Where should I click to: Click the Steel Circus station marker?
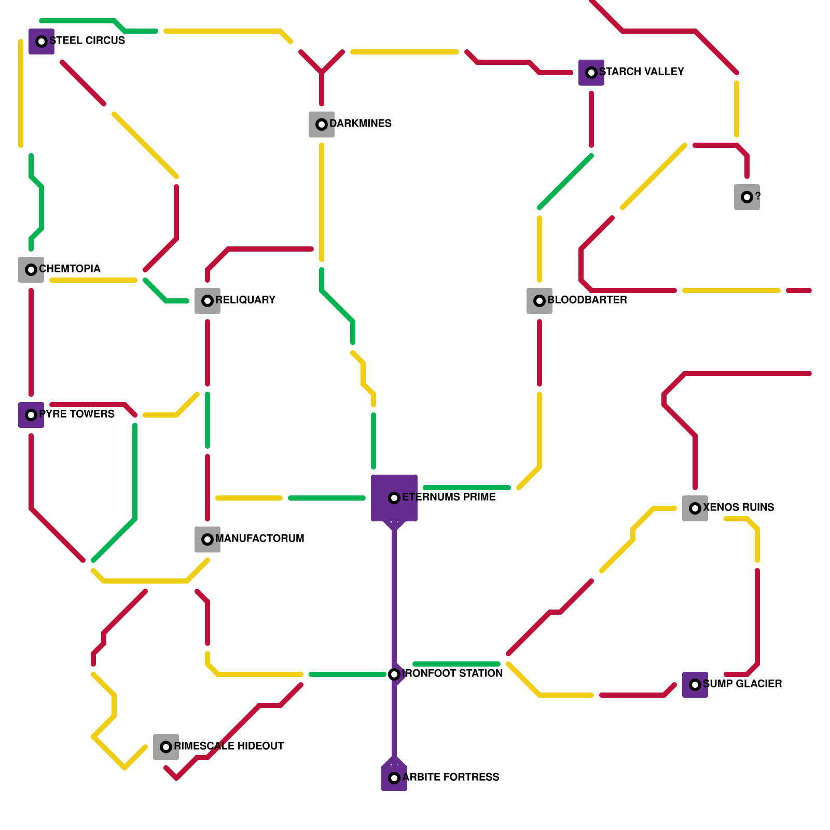coord(41,41)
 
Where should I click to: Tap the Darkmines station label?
coord(360,123)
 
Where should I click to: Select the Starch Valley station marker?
coord(591,73)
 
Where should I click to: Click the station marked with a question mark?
coord(747,197)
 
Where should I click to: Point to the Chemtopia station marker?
coord(31,270)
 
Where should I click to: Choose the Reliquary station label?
coord(245,300)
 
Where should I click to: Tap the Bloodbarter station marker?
coord(539,301)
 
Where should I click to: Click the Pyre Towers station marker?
coord(31,415)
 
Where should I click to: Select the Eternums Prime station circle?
coord(394,498)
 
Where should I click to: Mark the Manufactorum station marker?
coord(208,539)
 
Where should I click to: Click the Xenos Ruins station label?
coord(738,507)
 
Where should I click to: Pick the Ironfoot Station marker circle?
coord(394,674)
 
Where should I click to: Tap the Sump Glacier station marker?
coord(695,685)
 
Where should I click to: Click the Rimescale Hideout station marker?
coord(166,747)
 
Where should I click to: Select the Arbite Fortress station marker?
coord(394,778)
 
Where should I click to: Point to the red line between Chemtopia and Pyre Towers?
coord(31,342)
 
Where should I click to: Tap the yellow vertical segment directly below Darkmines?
coord(322,202)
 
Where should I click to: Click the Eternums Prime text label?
coord(448,497)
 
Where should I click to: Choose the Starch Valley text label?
coord(641,72)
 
